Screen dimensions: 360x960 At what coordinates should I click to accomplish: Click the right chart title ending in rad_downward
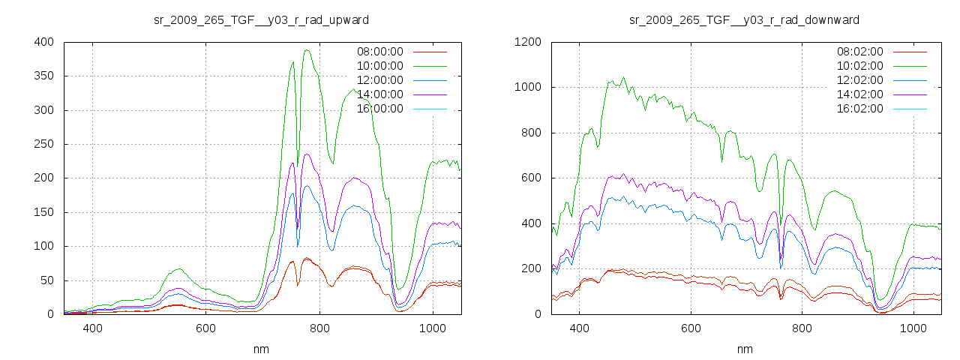pyautogui.click(x=744, y=19)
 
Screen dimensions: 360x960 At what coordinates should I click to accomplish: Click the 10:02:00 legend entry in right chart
pyautogui.click(x=859, y=66)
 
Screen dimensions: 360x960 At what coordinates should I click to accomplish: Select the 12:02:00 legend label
pyautogui.click(x=859, y=80)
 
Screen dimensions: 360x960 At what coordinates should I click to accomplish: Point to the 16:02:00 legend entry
pyautogui.click(x=859, y=109)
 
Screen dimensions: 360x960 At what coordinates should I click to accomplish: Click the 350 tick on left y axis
pyautogui.click(x=43, y=76)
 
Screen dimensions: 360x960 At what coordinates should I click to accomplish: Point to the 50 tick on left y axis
pyautogui.click(x=46, y=280)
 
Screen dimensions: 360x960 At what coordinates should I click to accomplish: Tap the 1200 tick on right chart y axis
pyautogui.click(x=527, y=42)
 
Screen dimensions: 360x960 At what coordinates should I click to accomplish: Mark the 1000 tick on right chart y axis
pyautogui.click(x=527, y=88)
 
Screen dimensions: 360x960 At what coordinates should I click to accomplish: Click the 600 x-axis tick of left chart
pyautogui.click(x=206, y=328)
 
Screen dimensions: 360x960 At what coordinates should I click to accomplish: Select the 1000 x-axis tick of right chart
pyautogui.click(x=913, y=328)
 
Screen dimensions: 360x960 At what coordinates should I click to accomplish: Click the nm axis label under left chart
pyautogui.click(x=262, y=349)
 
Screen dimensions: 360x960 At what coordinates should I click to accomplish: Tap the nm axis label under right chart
pyautogui.click(x=745, y=349)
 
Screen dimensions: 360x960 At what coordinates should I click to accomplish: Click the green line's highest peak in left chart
pyautogui.click(x=307, y=50)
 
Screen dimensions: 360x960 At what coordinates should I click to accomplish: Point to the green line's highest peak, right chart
pyautogui.click(x=623, y=76)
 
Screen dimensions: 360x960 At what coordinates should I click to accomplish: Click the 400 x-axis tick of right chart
pyautogui.click(x=578, y=328)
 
